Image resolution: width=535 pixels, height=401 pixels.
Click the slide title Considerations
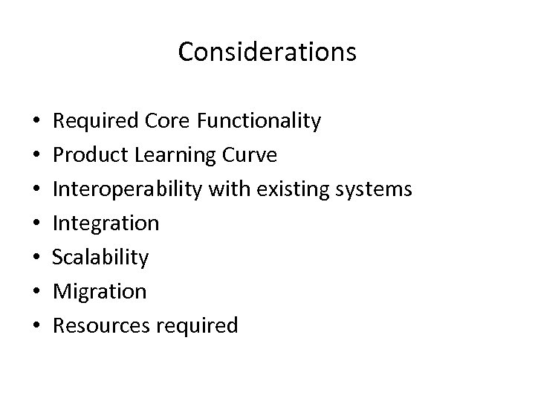[x=267, y=52]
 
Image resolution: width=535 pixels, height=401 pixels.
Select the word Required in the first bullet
[x=99, y=121]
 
